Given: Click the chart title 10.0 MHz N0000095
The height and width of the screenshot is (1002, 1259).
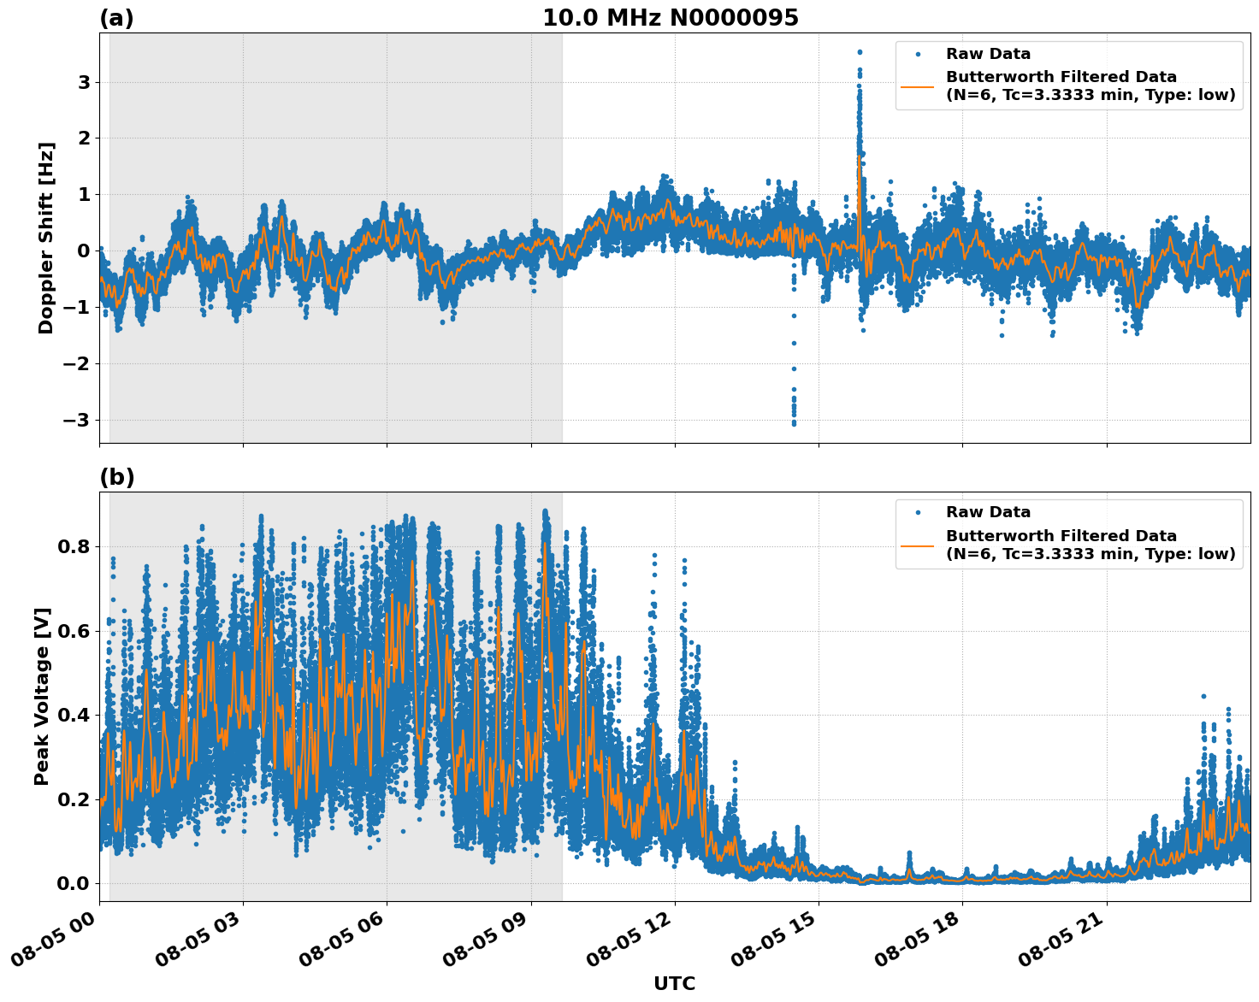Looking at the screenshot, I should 670,18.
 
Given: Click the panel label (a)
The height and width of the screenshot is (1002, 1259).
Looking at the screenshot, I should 116,18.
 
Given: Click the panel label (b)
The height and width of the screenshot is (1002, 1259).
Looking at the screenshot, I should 116,477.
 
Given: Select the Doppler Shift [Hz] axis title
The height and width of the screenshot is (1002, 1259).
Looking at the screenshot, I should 46,238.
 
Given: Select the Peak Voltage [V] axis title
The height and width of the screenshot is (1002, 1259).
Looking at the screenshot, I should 42,696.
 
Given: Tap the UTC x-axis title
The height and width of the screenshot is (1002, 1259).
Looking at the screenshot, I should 674,983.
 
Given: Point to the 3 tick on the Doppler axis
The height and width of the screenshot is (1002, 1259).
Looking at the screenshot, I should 84,83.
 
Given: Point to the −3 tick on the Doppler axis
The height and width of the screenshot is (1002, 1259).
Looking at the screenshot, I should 77,420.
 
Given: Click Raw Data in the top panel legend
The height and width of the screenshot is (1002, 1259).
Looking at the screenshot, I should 988,54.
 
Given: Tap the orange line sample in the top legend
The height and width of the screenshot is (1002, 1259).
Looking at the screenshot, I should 918,86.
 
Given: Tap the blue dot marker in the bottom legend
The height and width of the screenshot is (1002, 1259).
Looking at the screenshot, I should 918,512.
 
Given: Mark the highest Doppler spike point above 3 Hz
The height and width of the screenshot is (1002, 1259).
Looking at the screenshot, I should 860,52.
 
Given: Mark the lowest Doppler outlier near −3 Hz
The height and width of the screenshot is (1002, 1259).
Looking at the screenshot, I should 794,423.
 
